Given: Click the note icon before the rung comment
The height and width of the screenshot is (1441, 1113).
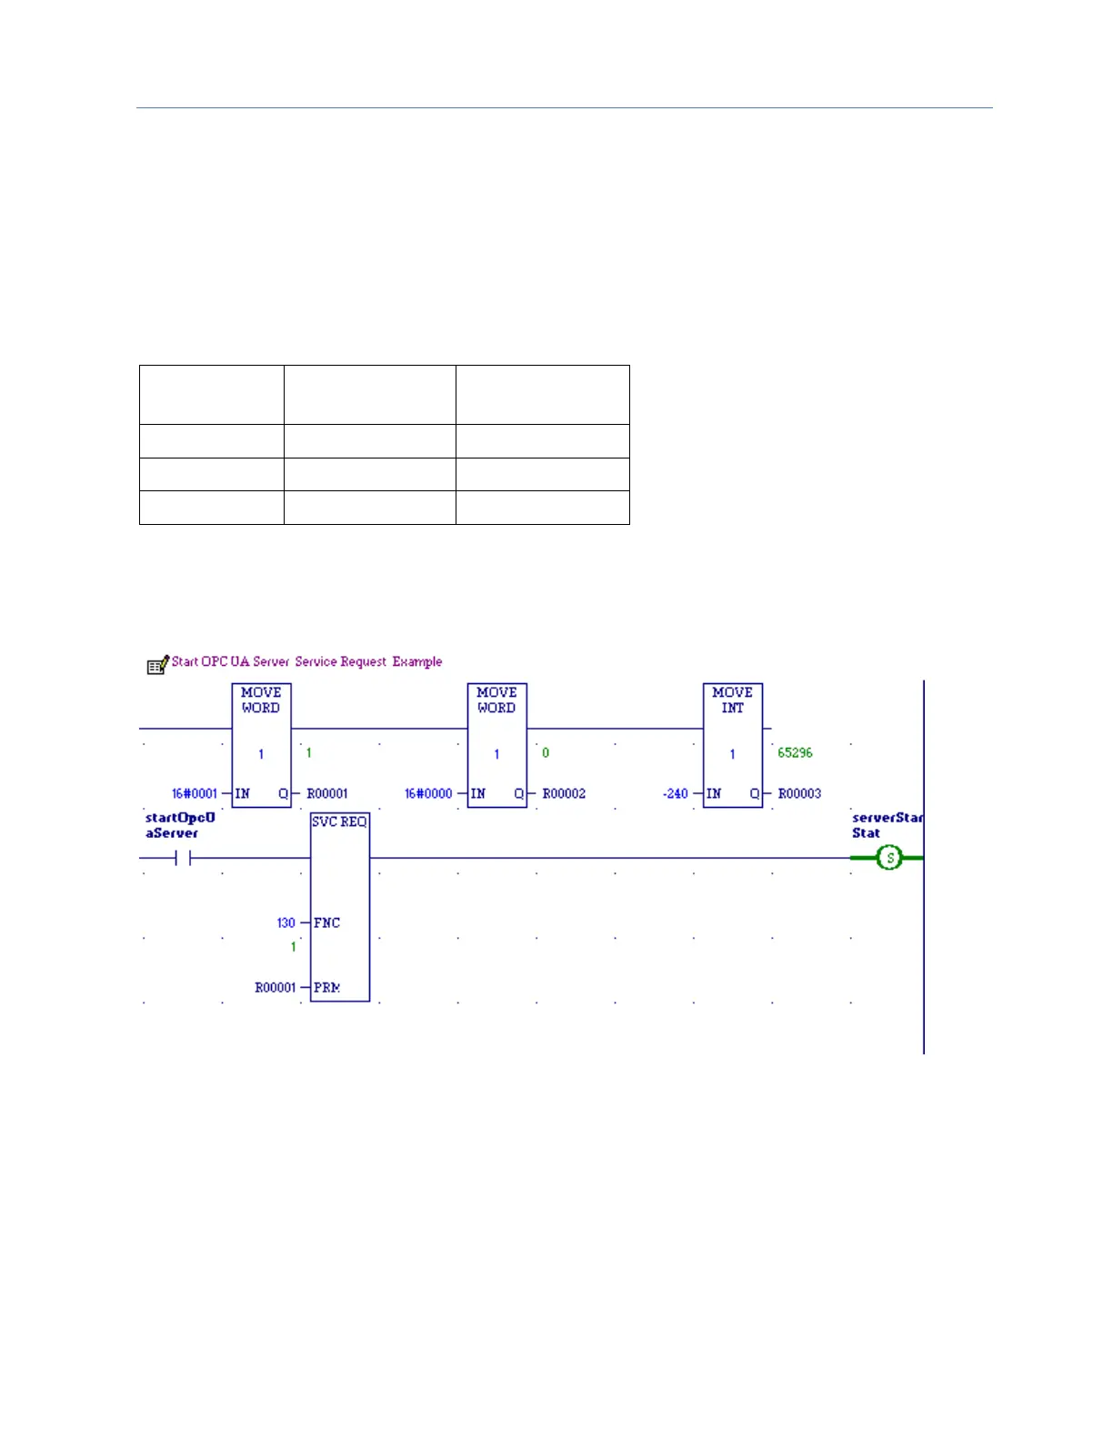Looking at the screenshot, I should tap(157, 665).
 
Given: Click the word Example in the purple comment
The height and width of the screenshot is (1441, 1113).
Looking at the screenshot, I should tap(417, 661).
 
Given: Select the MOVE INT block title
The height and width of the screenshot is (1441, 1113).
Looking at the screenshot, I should tap(732, 700).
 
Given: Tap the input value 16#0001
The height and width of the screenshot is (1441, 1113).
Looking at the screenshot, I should tap(195, 793).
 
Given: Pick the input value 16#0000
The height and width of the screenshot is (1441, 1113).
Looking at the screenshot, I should tap(428, 793).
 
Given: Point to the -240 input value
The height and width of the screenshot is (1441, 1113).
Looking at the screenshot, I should tap(676, 793).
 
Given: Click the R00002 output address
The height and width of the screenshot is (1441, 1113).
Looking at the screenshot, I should tap(564, 793).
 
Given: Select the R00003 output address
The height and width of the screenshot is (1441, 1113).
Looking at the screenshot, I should tap(799, 793).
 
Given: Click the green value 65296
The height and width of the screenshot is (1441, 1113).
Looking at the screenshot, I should tap(795, 752).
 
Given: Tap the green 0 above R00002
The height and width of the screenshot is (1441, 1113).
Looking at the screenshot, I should tap(546, 752).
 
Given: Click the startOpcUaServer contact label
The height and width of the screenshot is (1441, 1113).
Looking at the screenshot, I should tap(180, 825).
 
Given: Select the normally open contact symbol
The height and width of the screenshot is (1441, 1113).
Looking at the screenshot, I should tap(183, 858).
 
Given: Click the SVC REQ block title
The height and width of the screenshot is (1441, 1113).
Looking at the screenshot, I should tap(339, 821).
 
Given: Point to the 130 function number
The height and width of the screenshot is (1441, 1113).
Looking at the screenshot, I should tap(286, 922).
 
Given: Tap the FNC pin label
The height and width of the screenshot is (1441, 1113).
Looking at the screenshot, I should tap(326, 922).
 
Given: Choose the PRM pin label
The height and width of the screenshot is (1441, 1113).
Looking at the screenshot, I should tap(326, 987).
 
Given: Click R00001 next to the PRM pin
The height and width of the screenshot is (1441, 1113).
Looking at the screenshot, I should tap(276, 987).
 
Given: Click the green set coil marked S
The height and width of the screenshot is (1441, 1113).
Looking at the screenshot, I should tap(889, 857).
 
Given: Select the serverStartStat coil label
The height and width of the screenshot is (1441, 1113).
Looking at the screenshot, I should tap(887, 825).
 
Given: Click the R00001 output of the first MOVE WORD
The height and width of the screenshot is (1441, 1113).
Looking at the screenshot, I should tap(327, 793).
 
